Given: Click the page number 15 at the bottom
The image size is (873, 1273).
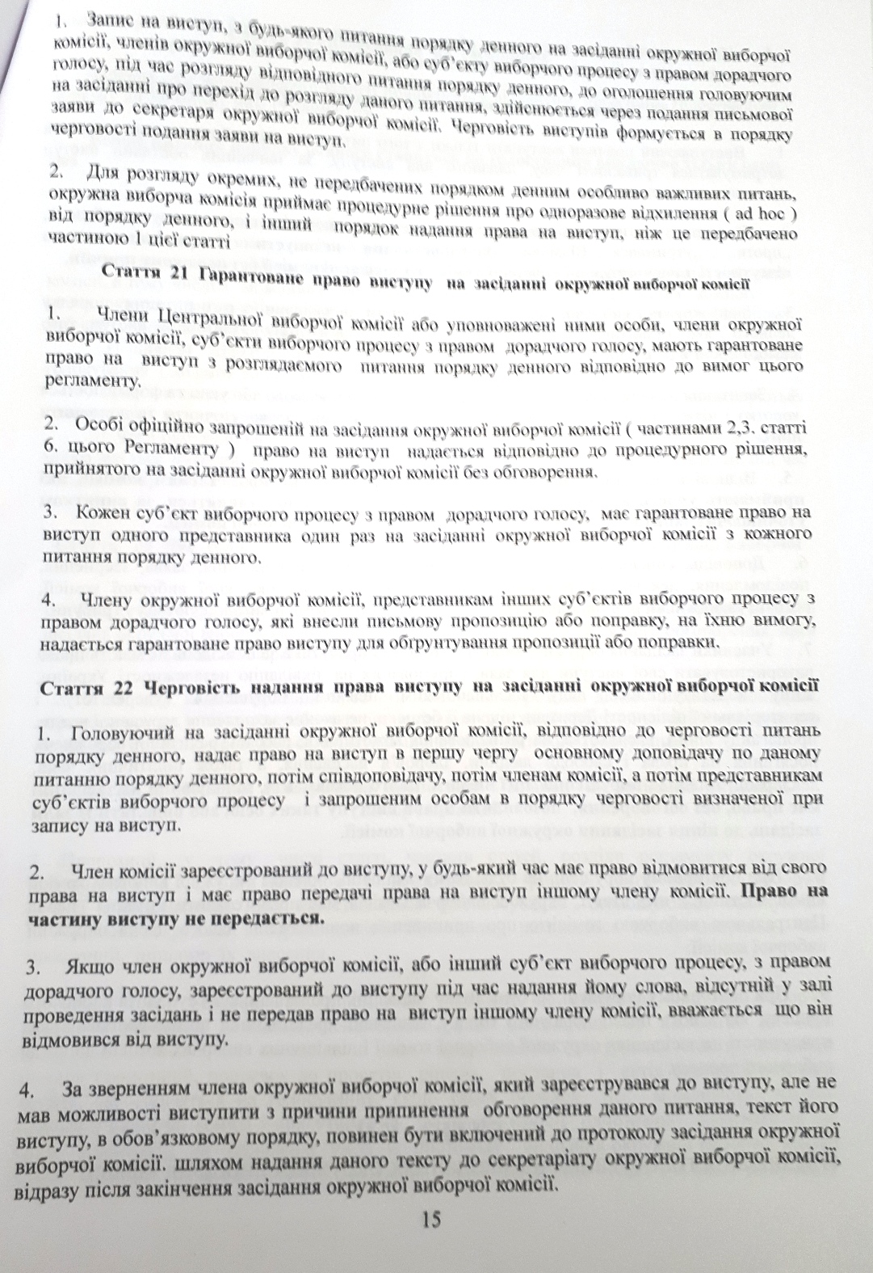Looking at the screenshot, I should pyautogui.click(x=431, y=1219).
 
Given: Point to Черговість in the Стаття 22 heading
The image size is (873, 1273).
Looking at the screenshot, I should pyautogui.click(x=178, y=686).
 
